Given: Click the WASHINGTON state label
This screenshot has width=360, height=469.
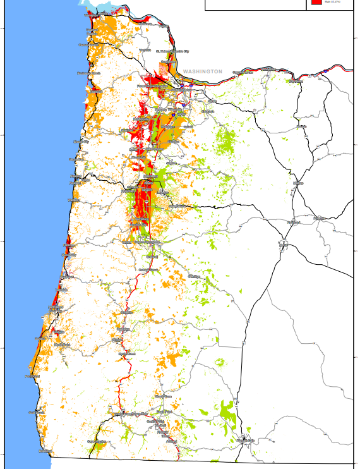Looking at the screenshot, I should (x=203, y=72).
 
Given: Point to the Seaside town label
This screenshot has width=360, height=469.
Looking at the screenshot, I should (x=83, y=45).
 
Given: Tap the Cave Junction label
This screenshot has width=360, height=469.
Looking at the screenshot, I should (x=97, y=441).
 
